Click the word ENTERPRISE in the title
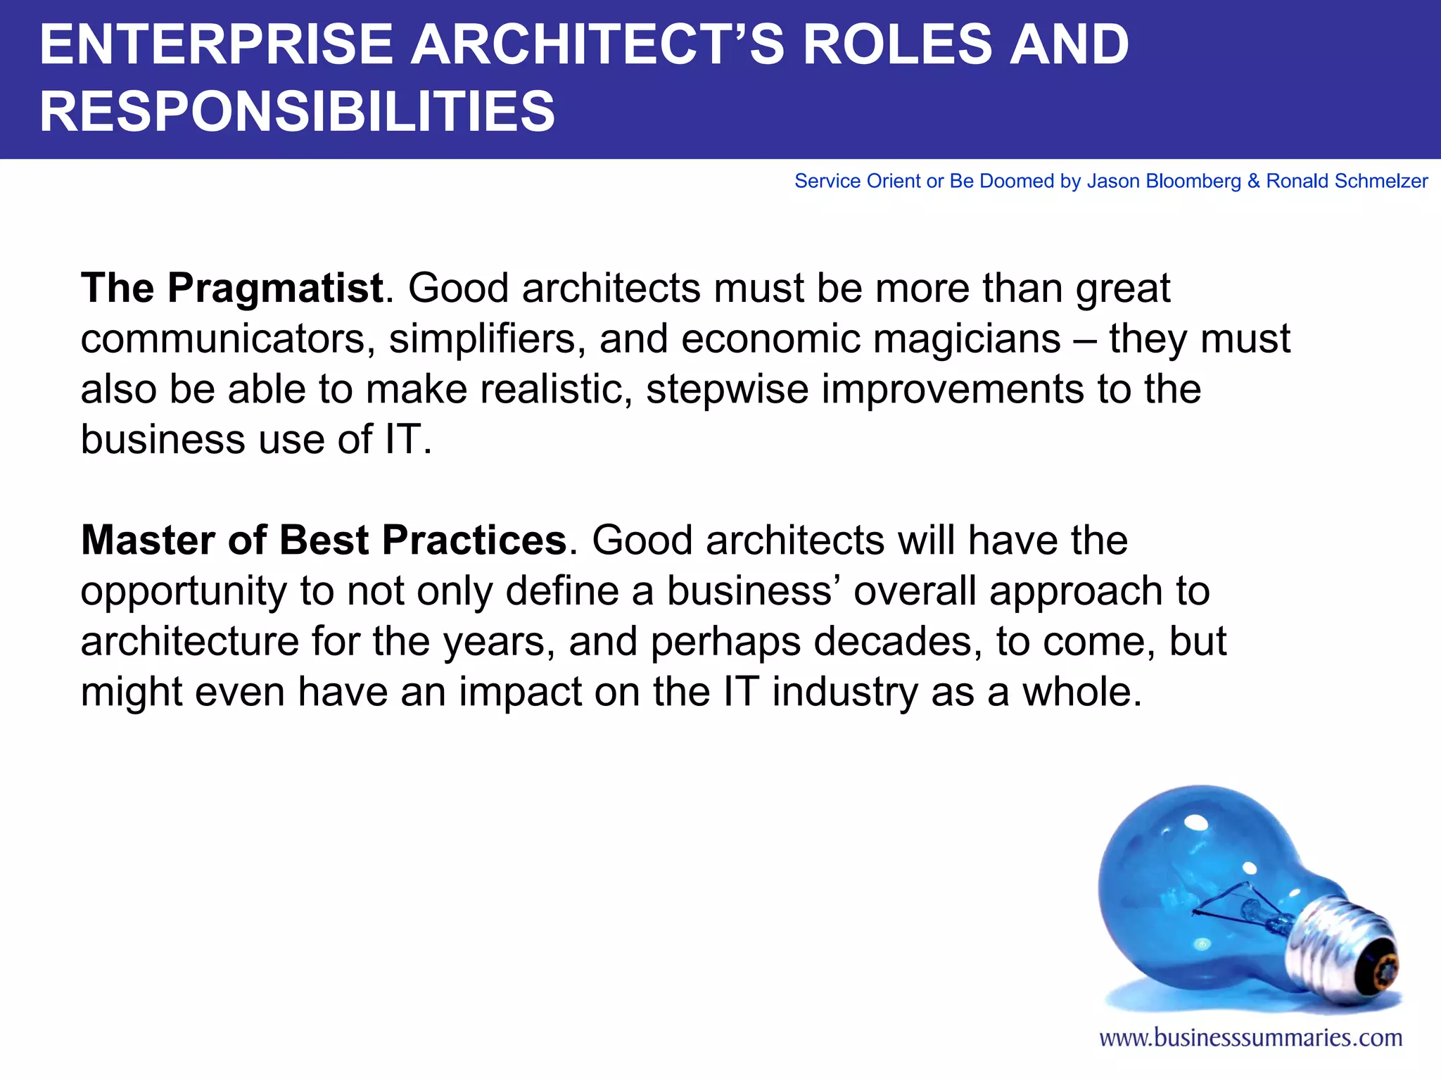tap(215, 45)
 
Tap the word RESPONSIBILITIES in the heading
tap(297, 112)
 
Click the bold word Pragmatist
tap(274, 289)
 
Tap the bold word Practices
tap(474, 540)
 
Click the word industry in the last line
tap(844, 693)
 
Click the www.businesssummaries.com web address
tap(1250, 1038)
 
